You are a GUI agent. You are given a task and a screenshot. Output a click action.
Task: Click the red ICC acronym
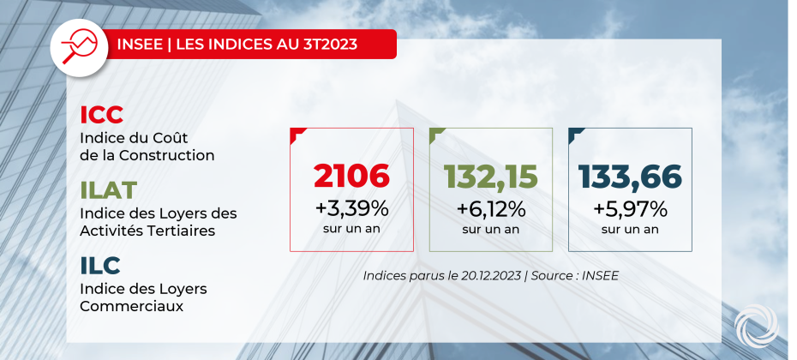[x=101, y=115]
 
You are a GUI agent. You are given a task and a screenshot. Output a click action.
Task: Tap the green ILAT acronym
[x=109, y=189]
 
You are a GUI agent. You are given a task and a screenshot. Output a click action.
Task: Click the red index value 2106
[x=351, y=176]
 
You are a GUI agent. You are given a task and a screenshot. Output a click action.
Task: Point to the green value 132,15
[x=490, y=176]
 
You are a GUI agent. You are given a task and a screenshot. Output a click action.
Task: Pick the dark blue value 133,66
[x=630, y=176]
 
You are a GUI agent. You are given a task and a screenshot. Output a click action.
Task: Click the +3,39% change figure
[x=351, y=207]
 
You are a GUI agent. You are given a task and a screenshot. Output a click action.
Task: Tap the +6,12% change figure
[x=490, y=207]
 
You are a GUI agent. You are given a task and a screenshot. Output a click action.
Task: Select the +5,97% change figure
[x=630, y=207]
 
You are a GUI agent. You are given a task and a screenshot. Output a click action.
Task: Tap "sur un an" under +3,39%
[x=351, y=229]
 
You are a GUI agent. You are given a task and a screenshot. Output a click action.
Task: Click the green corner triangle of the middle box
[x=435, y=133]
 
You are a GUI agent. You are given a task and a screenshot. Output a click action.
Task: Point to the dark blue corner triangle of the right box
[x=574, y=133]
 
